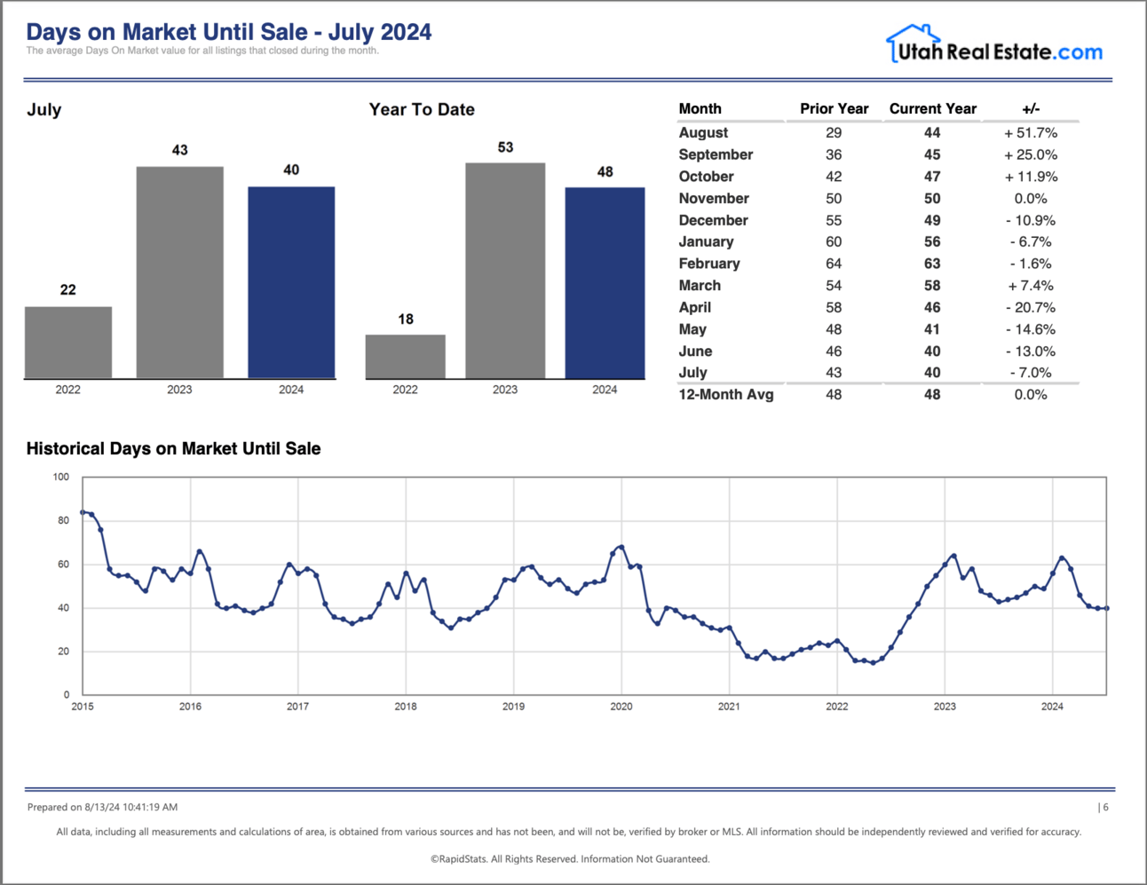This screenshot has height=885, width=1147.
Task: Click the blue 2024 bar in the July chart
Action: click(x=291, y=282)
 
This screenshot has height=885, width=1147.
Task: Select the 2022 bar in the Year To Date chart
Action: click(x=405, y=357)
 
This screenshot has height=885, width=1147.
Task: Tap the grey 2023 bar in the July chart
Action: click(x=179, y=273)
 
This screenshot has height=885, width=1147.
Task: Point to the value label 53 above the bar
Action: click(x=505, y=147)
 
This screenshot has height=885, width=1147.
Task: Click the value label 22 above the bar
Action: click(x=68, y=290)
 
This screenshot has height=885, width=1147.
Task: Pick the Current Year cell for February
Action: click(x=932, y=264)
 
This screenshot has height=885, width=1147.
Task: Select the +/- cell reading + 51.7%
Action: click(x=1031, y=133)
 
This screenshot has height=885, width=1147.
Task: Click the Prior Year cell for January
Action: click(x=834, y=241)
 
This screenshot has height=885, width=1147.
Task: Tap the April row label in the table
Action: click(x=695, y=307)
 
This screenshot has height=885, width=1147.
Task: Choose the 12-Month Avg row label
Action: click(x=726, y=395)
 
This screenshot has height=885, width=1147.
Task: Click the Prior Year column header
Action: click(x=834, y=108)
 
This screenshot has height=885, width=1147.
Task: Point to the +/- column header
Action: click(x=1031, y=108)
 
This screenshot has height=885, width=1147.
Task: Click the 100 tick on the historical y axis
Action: click(x=60, y=478)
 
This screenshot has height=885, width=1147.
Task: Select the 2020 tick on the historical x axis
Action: click(x=621, y=707)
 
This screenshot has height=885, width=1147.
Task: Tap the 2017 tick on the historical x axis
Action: click(x=297, y=707)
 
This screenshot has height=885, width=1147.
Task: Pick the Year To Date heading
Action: click(x=422, y=110)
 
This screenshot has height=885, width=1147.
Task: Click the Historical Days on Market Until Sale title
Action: click(x=173, y=449)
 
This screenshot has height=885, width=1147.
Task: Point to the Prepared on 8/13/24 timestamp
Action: click(x=102, y=808)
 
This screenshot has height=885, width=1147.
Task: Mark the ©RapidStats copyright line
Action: click(x=570, y=859)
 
